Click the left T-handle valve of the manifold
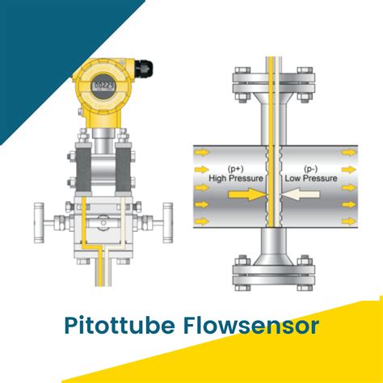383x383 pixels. pos(40,218)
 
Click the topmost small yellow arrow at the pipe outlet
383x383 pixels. pos(347,152)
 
